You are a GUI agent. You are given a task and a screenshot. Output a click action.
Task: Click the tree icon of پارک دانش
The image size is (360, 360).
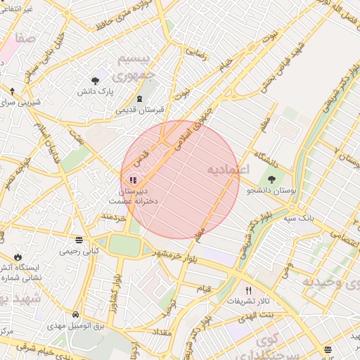[96, 81]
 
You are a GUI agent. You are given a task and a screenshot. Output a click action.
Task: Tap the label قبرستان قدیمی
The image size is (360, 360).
[139, 110]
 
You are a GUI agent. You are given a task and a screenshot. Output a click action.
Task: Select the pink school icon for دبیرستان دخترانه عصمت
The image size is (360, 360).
[133, 180]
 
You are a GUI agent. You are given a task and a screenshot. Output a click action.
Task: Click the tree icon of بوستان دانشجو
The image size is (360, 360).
[271, 180]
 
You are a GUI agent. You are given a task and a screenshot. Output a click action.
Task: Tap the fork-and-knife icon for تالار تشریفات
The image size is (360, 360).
[247, 290]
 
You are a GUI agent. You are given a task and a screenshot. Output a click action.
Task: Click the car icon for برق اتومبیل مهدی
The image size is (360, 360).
[75, 314]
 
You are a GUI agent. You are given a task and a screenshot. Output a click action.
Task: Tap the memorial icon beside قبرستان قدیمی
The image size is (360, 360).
[139, 98]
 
